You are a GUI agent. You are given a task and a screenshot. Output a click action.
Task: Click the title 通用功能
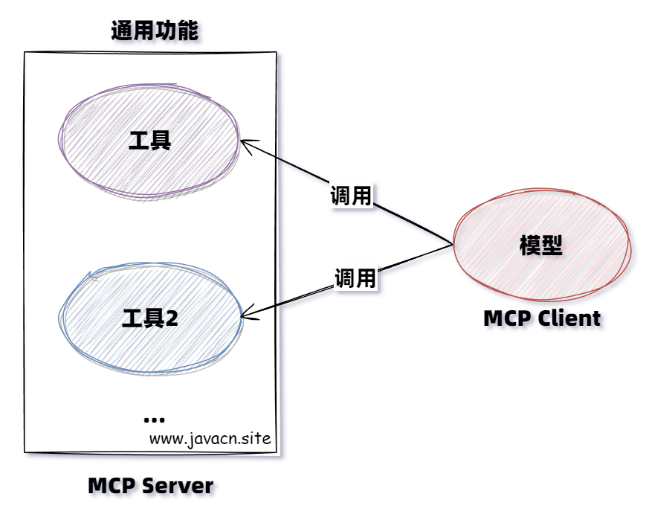(155, 31)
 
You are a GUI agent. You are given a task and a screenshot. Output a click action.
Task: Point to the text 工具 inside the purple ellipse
(150, 141)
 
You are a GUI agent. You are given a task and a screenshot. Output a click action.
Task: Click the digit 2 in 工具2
(172, 319)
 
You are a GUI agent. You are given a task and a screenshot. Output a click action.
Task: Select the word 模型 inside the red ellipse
(540, 245)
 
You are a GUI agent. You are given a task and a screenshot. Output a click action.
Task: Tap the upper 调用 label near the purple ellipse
(351, 196)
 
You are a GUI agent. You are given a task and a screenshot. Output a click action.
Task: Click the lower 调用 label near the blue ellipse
(355, 278)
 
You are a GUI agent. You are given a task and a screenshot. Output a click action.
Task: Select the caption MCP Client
(541, 318)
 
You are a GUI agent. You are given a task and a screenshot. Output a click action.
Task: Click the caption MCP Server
(151, 487)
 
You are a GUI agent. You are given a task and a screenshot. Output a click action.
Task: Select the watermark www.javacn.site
(210, 438)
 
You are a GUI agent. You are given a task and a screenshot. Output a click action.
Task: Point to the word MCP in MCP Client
(507, 318)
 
